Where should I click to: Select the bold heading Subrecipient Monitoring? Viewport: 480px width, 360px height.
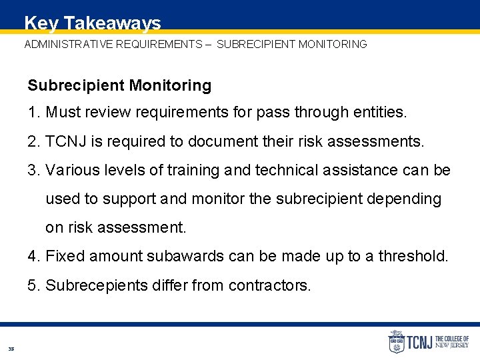pos(119,85)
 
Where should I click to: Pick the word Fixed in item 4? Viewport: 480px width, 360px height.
pos(65,257)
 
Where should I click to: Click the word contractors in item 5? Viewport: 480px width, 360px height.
pos(269,285)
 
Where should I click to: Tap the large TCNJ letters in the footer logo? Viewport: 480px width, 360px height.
pos(420,343)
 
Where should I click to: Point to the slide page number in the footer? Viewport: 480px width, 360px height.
pos(11,349)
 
